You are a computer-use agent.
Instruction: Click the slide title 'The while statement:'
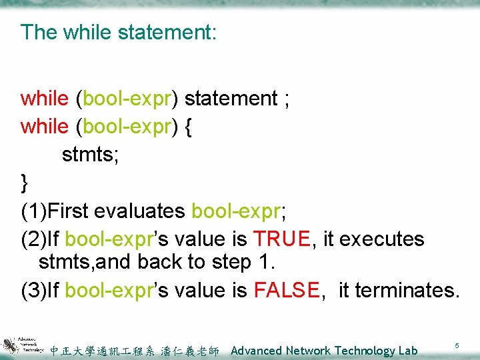(119, 32)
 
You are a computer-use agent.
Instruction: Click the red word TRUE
(281, 239)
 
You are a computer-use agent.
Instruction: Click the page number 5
(457, 346)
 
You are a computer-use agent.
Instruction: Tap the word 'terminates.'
(407, 290)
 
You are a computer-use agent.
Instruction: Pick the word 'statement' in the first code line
(231, 99)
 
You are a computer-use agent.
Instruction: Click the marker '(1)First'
(55, 211)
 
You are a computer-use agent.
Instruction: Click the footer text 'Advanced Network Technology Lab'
(324, 351)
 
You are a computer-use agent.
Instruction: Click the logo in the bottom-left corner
(22, 345)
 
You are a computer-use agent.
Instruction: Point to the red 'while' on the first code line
(44, 99)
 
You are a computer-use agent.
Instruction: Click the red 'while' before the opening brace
(44, 127)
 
